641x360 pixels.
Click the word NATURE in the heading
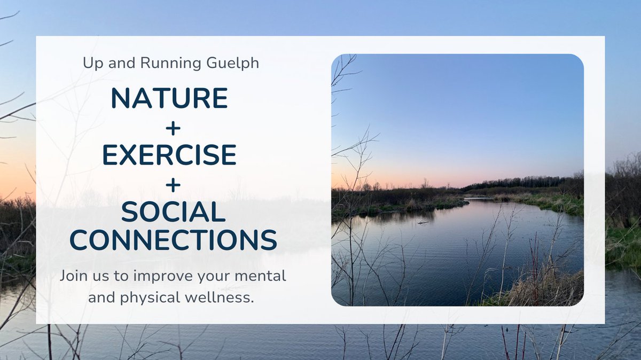(x=169, y=98)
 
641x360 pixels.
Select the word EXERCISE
(x=169, y=155)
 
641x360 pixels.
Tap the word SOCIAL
(x=173, y=213)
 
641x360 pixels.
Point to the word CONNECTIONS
(x=173, y=240)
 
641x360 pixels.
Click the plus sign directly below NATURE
(x=173, y=127)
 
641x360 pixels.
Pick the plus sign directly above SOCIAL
(x=173, y=184)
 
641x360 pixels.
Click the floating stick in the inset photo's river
(x=425, y=221)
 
